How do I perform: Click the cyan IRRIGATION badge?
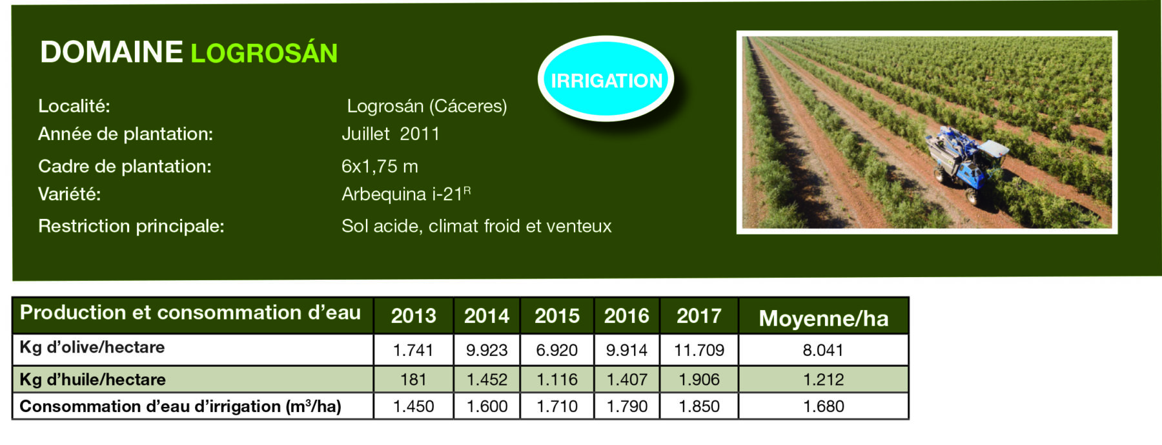click(606, 79)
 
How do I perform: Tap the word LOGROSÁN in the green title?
click(264, 52)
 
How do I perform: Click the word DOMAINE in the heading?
click(112, 52)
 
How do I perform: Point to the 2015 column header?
click(557, 316)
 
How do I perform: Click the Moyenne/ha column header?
click(824, 318)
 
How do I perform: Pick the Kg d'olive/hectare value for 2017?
click(699, 350)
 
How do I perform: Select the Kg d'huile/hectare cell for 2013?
click(413, 379)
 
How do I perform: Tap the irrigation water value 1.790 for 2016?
click(627, 406)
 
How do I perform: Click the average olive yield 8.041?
click(823, 350)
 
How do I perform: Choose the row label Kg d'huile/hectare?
click(92, 379)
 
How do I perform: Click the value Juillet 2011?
click(391, 134)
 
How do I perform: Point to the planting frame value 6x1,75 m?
click(380, 167)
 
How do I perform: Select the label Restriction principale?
click(131, 226)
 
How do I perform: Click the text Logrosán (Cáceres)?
click(427, 106)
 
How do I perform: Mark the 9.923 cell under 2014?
click(487, 350)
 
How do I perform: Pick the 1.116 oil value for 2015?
click(557, 379)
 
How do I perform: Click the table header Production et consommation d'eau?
click(190, 313)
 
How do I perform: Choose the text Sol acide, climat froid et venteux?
click(476, 226)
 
